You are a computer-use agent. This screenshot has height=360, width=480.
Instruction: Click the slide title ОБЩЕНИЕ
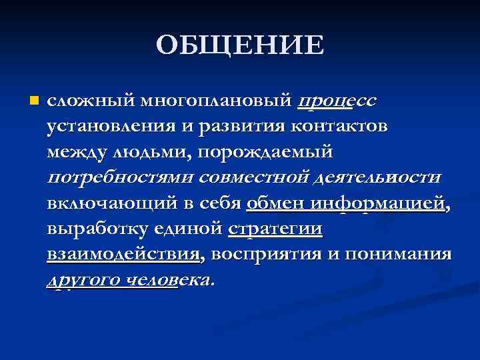point(240,45)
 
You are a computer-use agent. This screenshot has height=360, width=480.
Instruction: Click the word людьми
point(149,152)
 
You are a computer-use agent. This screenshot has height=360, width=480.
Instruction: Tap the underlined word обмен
point(275,203)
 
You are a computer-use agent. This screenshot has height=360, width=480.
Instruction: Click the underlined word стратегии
point(275,229)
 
